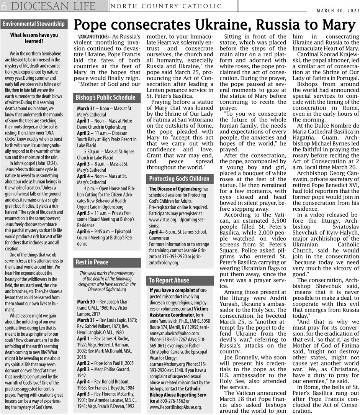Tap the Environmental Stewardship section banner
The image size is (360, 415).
(x=34, y=24)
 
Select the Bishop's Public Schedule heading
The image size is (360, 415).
(x=105, y=97)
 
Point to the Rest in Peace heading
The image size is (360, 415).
(x=92, y=262)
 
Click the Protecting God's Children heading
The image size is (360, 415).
(x=179, y=179)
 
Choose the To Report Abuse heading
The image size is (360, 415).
(x=169, y=280)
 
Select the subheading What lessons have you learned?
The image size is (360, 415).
(x=34, y=38)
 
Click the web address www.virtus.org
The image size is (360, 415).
(x=163, y=220)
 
